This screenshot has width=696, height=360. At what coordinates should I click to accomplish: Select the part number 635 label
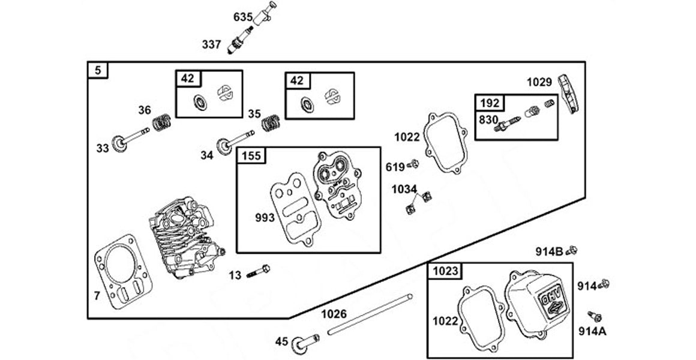point(243,17)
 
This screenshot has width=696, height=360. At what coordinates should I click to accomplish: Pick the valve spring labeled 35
point(271,124)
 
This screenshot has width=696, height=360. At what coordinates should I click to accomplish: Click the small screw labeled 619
point(412,164)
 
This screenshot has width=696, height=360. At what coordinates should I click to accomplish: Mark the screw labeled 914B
point(571,249)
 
